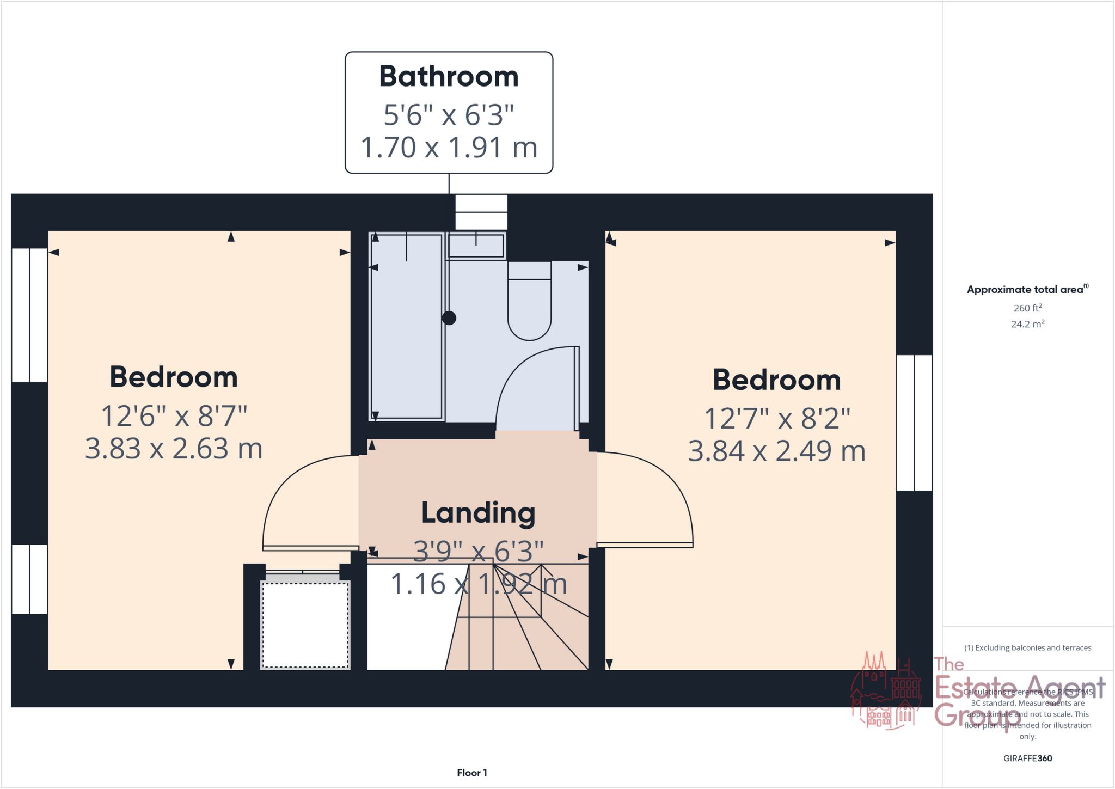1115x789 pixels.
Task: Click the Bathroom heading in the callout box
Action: click(449, 76)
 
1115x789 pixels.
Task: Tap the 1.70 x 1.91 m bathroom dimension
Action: click(449, 148)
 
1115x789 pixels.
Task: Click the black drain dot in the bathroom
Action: click(449, 318)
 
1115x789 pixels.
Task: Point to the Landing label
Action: click(478, 513)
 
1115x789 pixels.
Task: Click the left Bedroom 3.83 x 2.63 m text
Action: click(174, 449)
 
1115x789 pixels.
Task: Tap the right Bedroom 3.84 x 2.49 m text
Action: click(776, 451)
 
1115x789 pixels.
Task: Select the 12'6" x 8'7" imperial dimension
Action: click(174, 416)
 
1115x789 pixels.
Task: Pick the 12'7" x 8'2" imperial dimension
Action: click(776, 418)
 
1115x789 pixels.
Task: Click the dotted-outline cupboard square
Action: click(305, 625)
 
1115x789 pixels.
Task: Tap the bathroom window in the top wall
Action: click(481, 212)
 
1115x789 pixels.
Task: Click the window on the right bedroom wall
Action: click(914, 423)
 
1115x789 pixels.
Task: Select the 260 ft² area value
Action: click(1027, 308)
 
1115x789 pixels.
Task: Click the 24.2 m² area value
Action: click(1027, 324)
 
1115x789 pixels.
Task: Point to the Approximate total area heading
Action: click(1026, 290)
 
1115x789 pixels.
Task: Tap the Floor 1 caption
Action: click(471, 773)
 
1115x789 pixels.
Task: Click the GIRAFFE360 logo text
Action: click(1027, 758)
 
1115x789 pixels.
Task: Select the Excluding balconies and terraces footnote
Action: click(1027, 647)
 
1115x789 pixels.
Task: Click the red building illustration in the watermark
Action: click(886, 692)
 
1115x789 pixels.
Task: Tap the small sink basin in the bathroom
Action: click(476, 246)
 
